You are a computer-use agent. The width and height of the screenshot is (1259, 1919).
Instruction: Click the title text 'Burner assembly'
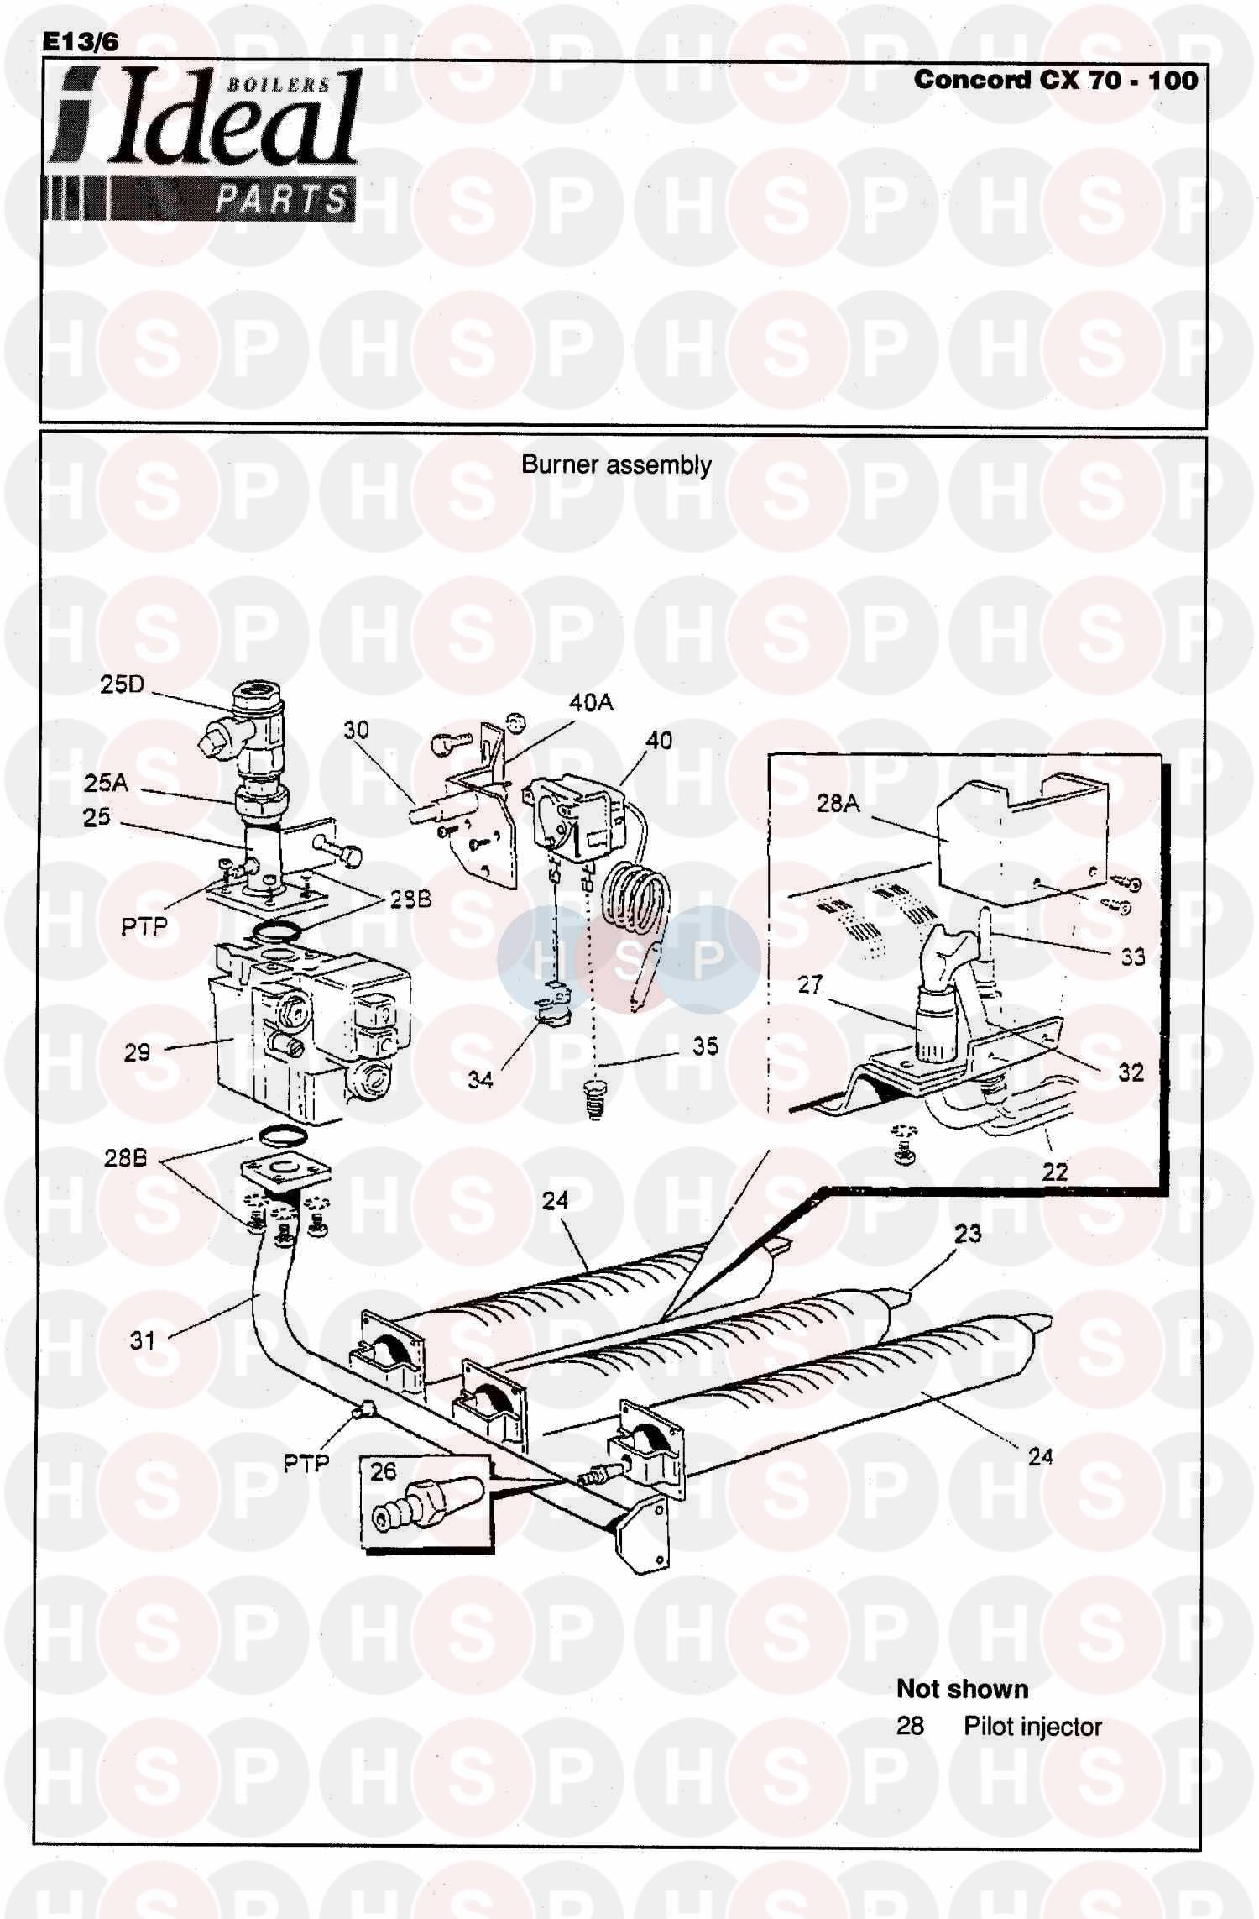616,464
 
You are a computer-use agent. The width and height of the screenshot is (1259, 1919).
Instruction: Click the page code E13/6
81,42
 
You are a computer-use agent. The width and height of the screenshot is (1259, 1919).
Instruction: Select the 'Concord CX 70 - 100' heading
1055,81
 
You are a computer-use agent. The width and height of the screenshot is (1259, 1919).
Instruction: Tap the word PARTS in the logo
280,200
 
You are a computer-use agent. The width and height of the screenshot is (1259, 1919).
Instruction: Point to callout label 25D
122,684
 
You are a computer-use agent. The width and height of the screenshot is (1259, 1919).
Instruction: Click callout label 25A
106,783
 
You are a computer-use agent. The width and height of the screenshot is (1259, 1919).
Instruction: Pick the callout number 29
137,1052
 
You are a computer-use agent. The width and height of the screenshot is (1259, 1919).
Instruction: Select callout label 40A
591,702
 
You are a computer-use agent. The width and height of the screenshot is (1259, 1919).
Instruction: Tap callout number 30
356,729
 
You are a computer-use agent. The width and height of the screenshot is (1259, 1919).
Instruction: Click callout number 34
480,1079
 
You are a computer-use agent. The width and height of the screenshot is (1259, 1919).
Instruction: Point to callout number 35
705,1046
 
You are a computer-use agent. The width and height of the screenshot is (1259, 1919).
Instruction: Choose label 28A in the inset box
838,804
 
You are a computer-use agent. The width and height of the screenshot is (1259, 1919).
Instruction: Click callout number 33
1132,957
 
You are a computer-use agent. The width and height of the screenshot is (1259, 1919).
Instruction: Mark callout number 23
967,1233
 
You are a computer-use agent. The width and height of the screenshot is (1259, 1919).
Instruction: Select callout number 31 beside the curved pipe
142,1340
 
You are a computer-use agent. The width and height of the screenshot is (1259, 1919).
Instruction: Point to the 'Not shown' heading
962,1689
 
